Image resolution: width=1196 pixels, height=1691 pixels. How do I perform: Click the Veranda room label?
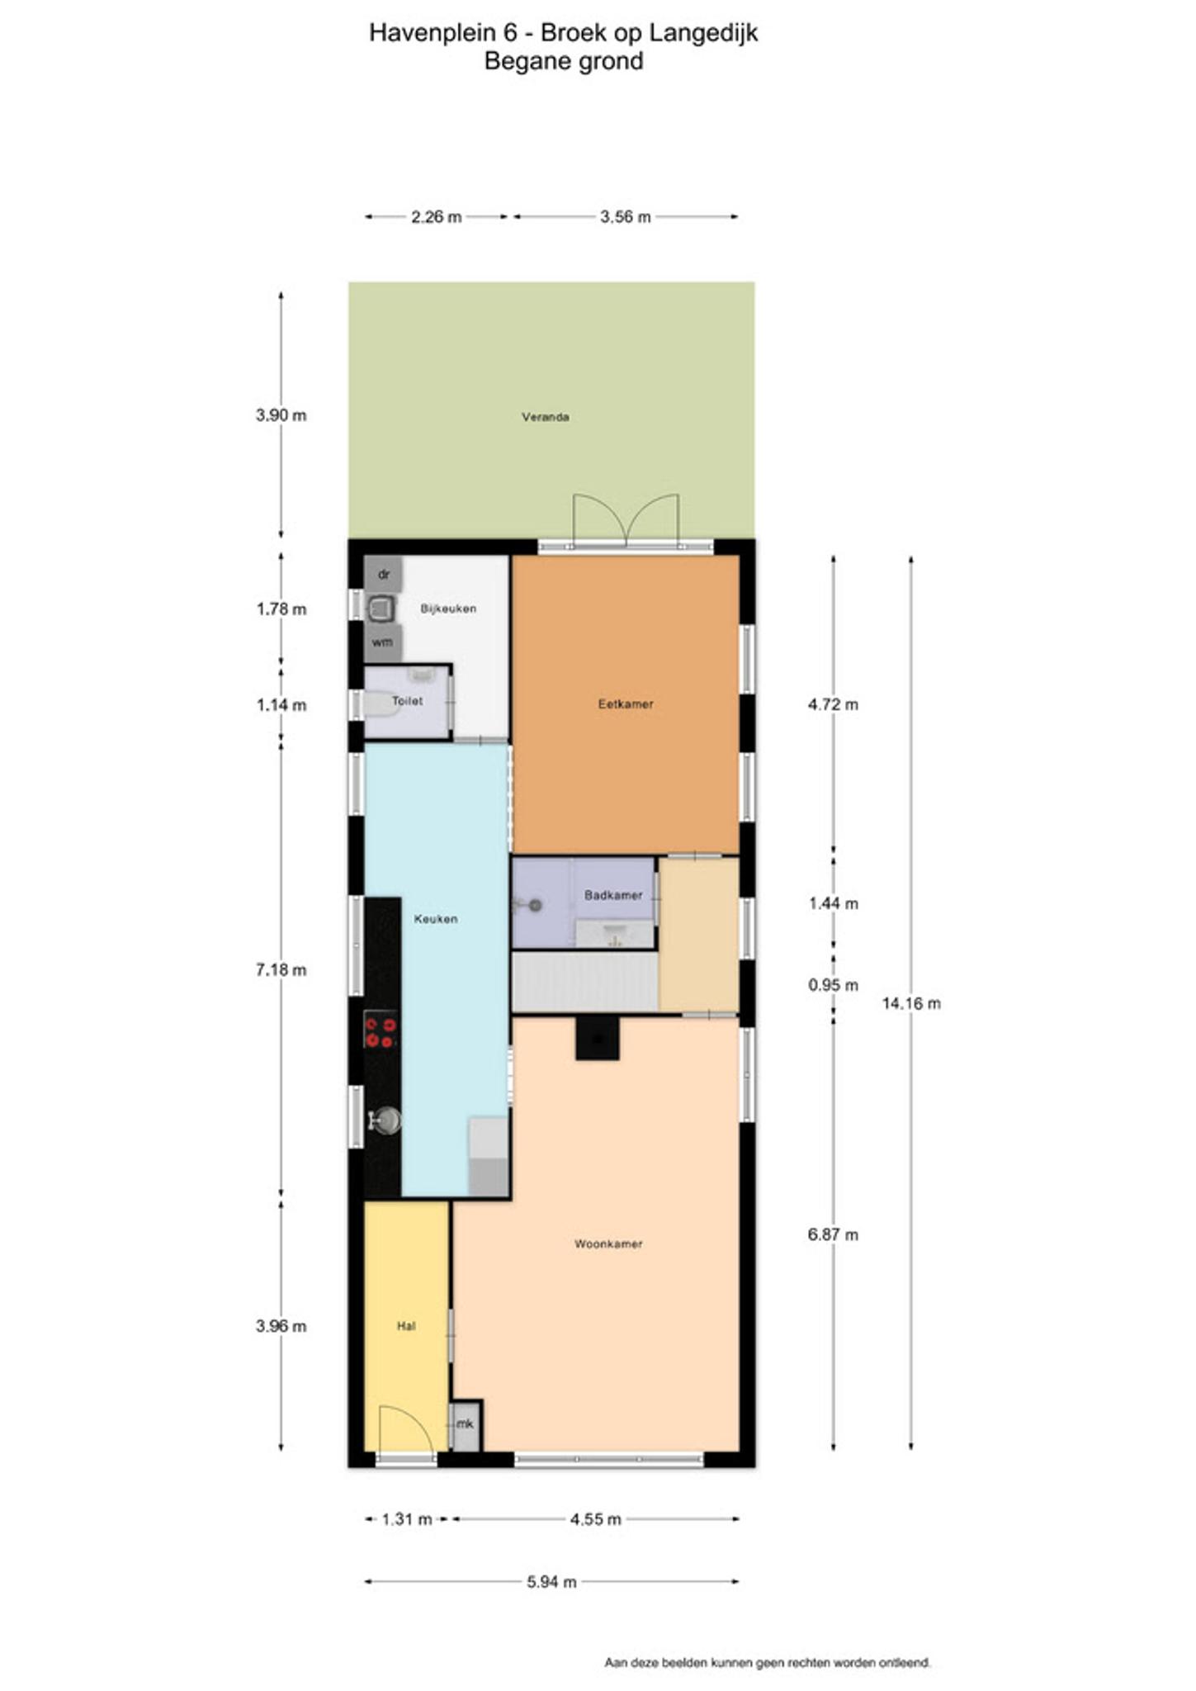click(545, 417)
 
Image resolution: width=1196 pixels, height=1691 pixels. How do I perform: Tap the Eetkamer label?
click(626, 704)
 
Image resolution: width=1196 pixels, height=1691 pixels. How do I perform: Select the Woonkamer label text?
click(608, 1243)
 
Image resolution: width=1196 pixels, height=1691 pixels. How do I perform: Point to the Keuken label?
click(436, 918)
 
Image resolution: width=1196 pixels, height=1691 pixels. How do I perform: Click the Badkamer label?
click(613, 895)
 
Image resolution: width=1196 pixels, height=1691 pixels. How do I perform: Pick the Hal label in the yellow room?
click(406, 1326)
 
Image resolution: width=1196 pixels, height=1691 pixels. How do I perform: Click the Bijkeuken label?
click(448, 609)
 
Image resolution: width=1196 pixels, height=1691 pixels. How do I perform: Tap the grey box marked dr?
click(383, 573)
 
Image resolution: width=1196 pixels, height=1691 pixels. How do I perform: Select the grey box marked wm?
click(382, 642)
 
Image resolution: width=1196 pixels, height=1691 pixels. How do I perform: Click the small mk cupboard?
click(466, 1424)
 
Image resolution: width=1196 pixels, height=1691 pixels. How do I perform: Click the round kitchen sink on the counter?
click(385, 1120)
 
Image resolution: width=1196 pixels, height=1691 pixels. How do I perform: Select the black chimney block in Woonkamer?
click(598, 1038)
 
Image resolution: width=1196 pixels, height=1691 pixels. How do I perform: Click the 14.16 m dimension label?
click(911, 1003)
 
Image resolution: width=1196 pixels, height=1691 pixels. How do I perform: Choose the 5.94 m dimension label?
click(551, 1581)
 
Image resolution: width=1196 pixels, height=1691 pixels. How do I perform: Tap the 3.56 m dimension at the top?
click(626, 216)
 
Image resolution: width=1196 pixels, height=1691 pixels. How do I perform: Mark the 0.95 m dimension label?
click(834, 985)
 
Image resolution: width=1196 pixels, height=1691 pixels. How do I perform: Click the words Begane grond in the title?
click(564, 61)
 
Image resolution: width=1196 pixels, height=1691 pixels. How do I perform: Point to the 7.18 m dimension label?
click(281, 969)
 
